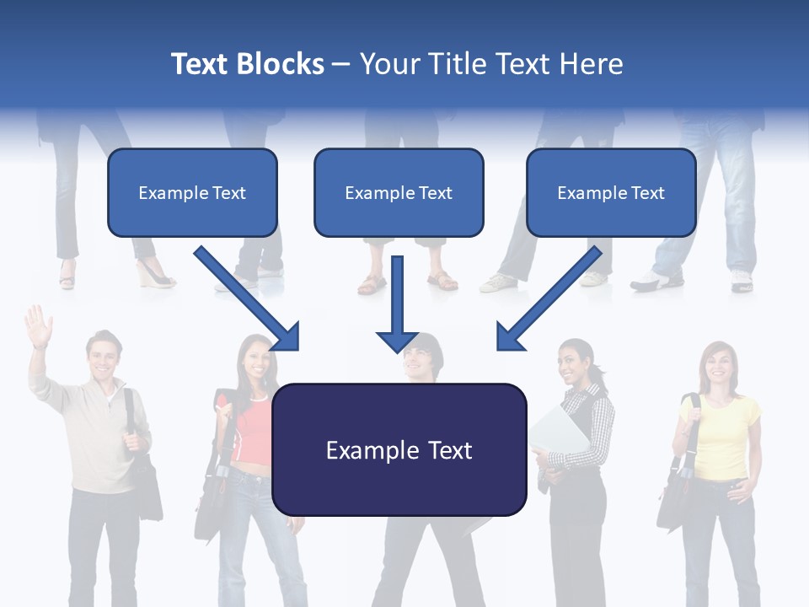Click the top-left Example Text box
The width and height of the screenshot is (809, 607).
pyautogui.click(x=192, y=192)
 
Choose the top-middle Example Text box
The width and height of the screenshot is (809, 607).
pyautogui.click(x=399, y=192)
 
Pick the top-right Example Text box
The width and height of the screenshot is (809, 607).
pyautogui.click(x=611, y=192)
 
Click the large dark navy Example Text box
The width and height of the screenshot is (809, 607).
pyautogui.click(x=399, y=449)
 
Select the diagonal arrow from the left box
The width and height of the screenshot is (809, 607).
pyautogui.click(x=249, y=299)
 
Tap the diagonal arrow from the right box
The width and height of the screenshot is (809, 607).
pyautogui.click(x=548, y=299)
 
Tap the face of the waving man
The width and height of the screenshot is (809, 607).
pyautogui.click(x=103, y=359)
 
